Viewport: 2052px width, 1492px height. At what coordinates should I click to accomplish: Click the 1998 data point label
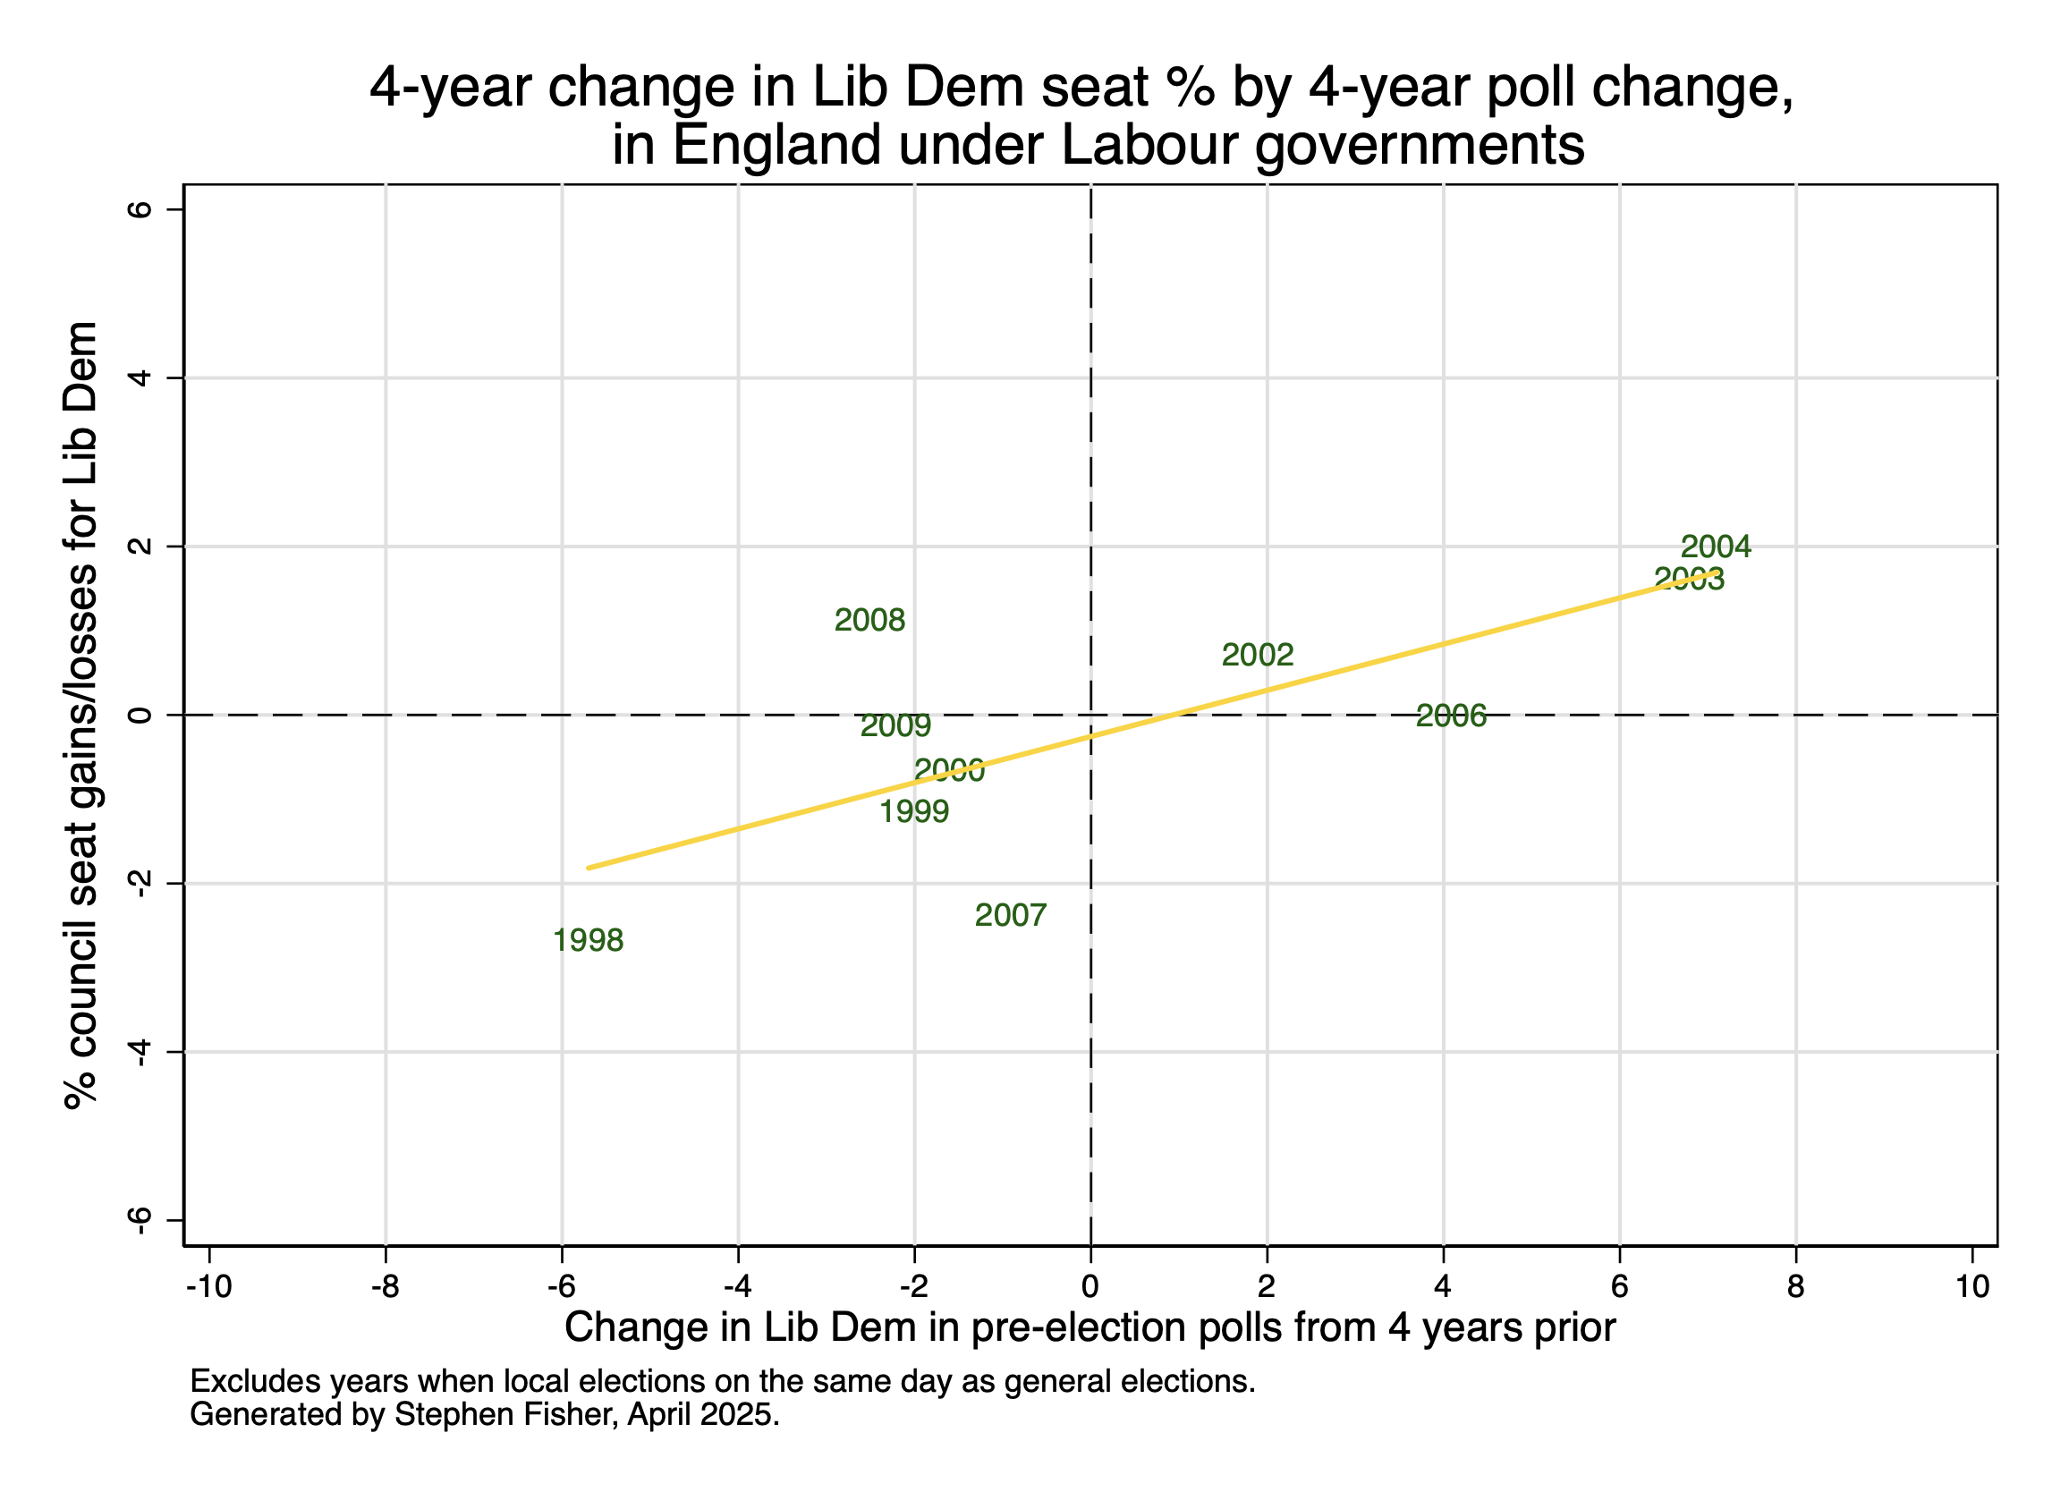(588, 941)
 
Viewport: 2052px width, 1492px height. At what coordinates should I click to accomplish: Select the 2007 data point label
(1011, 916)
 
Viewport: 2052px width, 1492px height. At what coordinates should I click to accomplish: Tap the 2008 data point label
(869, 621)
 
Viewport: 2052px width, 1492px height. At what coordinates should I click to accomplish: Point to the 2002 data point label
(1258, 655)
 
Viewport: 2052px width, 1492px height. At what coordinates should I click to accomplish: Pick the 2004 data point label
(1717, 547)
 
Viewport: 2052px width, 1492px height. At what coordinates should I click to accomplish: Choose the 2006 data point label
(1451, 716)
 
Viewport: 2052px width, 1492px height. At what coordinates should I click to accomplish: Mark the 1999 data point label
(914, 811)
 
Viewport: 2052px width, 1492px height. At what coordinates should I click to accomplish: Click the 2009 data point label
(895, 725)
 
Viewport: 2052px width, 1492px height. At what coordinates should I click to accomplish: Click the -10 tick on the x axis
(209, 1286)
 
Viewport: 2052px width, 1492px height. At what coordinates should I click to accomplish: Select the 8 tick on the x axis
(1796, 1286)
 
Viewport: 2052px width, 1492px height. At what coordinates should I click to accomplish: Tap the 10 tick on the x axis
(1972, 1286)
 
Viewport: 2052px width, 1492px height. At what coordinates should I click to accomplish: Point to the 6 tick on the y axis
(140, 210)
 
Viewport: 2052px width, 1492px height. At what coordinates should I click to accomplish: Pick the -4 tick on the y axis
(140, 1052)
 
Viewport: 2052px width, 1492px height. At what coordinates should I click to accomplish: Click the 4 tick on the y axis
(140, 378)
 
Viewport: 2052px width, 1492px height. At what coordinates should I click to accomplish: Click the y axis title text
(81, 715)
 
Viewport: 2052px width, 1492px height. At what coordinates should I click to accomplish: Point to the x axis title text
(1090, 1328)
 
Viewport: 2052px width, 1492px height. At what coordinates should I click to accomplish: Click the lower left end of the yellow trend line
(589, 868)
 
